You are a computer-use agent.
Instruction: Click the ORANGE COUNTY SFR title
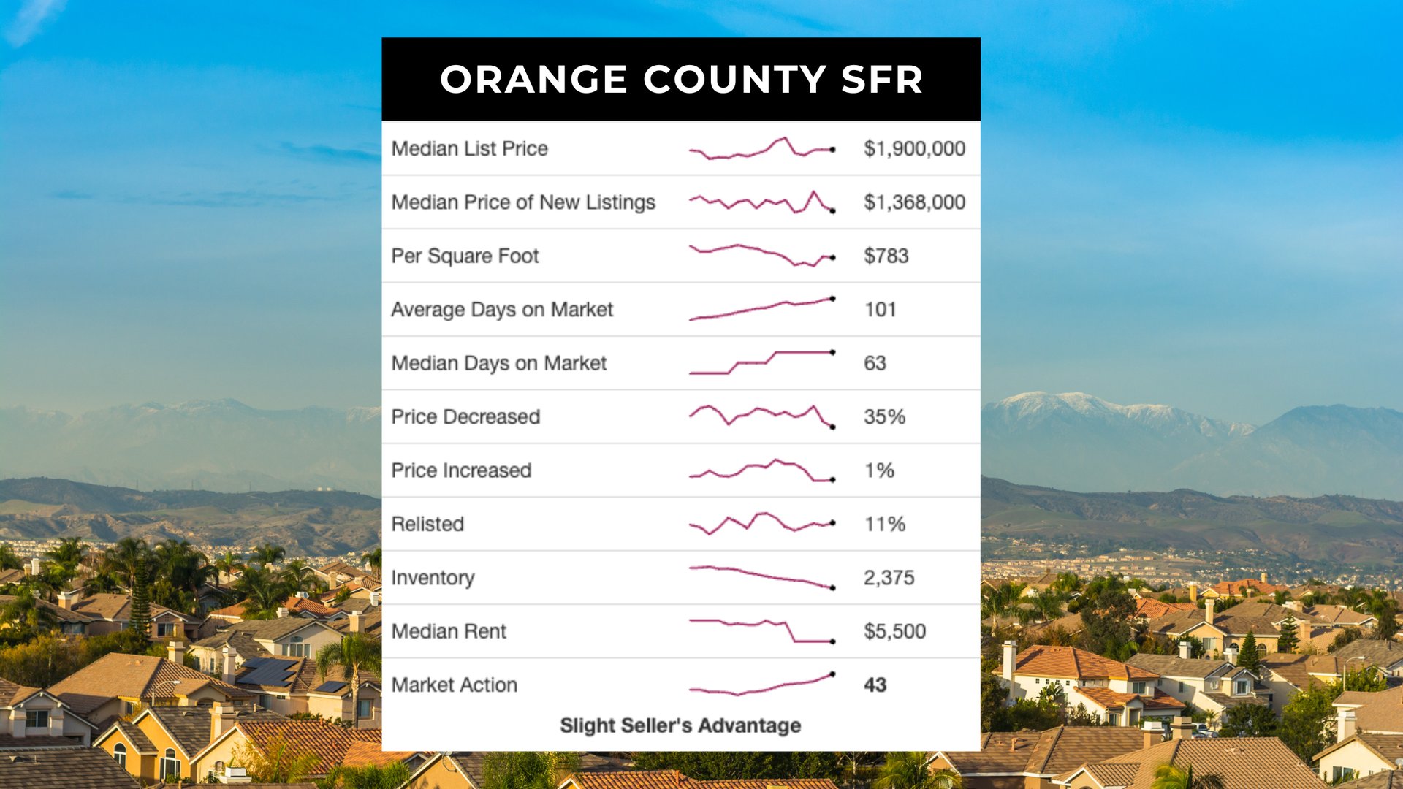tap(681, 79)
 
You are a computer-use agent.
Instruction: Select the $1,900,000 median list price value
tap(914, 148)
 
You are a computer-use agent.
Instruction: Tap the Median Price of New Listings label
tap(523, 202)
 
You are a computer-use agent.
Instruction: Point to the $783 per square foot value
tap(886, 256)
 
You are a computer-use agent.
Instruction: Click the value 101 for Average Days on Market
tap(880, 310)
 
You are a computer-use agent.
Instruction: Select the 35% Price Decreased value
tap(884, 417)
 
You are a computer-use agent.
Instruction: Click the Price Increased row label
tap(461, 470)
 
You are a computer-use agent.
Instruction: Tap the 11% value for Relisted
tap(884, 525)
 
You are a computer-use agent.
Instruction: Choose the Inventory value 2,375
tap(889, 578)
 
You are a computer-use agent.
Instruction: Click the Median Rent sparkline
tap(761, 630)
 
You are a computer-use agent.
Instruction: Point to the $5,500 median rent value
tap(894, 631)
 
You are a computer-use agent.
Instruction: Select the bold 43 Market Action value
tap(875, 685)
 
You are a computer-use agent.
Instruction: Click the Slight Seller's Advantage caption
tap(680, 725)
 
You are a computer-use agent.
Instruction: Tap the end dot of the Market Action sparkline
tap(832, 674)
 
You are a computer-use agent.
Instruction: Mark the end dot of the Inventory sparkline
tap(832, 587)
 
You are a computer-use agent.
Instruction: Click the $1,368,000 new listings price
tap(914, 202)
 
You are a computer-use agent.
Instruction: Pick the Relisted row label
tap(427, 525)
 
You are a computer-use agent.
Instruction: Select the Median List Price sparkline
tap(761, 148)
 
